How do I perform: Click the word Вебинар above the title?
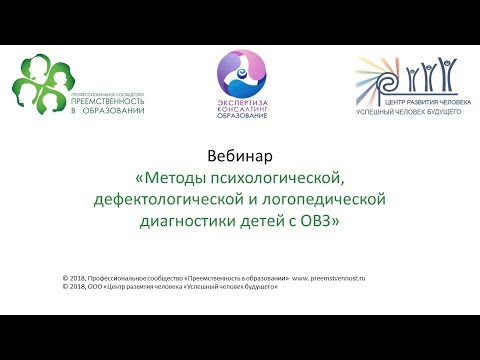pos(239,157)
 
